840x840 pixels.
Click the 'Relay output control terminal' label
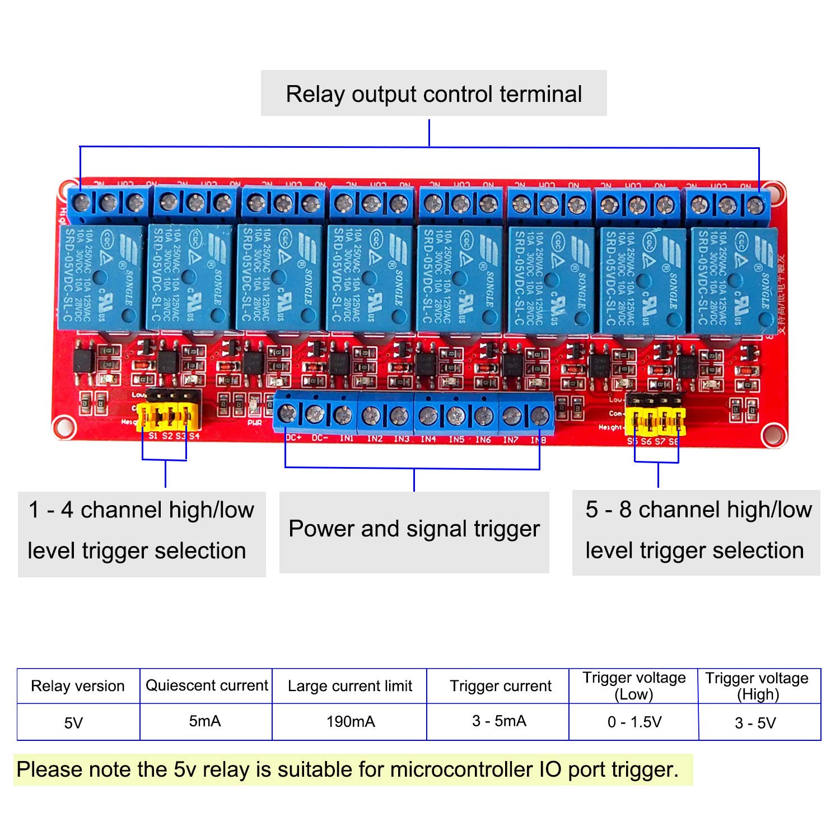point(433,94)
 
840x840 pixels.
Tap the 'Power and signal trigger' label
point(414,529)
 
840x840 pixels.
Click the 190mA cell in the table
point(351,722)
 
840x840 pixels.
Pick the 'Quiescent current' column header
point(207,686)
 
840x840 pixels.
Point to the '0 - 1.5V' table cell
point(634,722)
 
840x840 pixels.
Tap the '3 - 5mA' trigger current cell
point(499,721)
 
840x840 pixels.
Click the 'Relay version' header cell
point(78,686)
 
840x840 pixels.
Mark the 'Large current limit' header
point(350,686)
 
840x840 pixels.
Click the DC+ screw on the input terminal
point(287,414)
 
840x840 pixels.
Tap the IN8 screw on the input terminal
point(539,416)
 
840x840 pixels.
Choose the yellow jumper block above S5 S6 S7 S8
point(655,421)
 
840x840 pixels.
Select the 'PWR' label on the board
point(255,423)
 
